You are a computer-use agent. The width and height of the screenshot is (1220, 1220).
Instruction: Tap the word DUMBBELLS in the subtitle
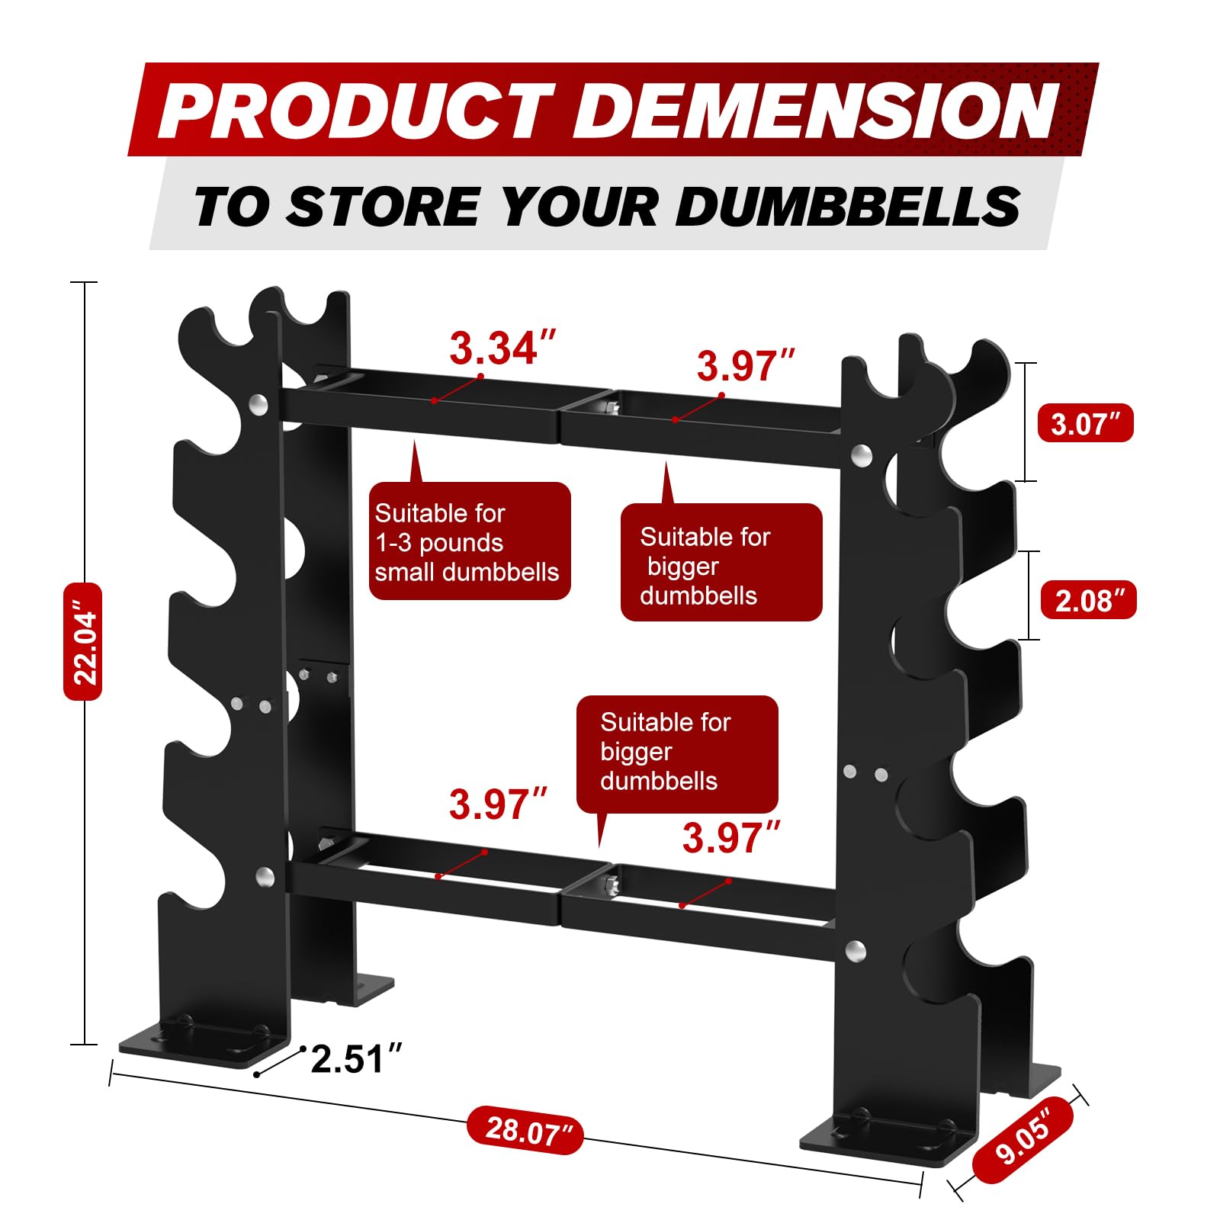tap(848, 207)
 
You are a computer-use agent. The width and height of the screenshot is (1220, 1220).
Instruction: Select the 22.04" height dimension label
tap(82, 641)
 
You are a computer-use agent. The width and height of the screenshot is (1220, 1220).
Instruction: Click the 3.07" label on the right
tap(1086, 423)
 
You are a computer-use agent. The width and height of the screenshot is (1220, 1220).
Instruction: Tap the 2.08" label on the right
tap(1089, 600)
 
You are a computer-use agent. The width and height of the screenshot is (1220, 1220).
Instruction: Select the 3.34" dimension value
tap(502, 348)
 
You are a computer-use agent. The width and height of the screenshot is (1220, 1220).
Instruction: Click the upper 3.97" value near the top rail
tap(746, 366)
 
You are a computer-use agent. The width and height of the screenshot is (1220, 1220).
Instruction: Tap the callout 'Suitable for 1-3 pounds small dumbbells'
tap(470, 541)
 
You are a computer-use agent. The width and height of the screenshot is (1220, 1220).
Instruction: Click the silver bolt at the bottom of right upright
tap(856, 950)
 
